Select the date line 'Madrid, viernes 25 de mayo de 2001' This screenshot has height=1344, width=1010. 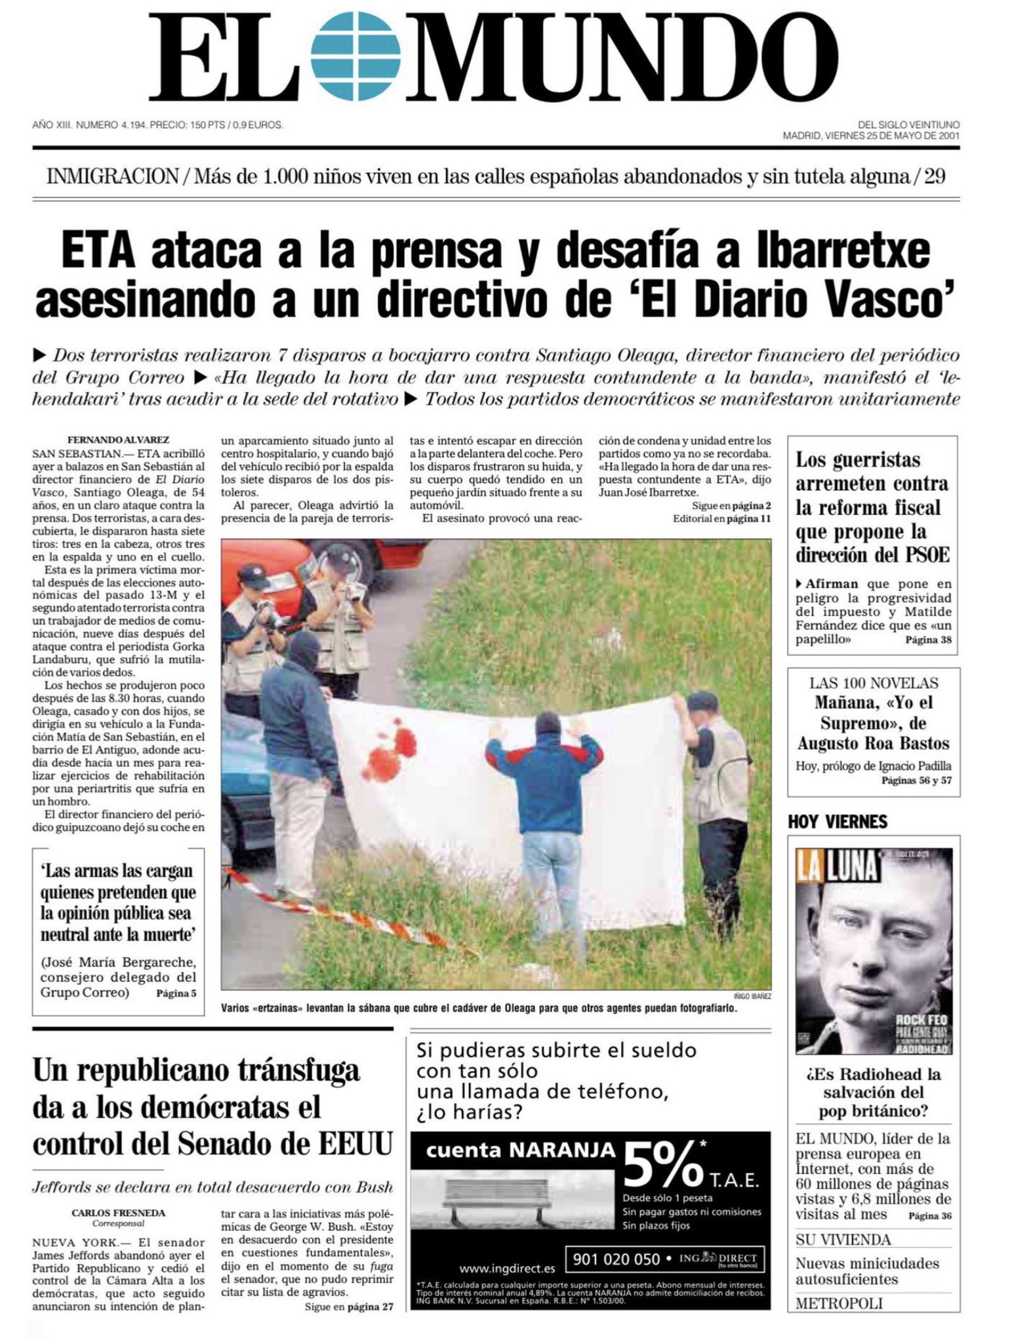click(x=871, y=136)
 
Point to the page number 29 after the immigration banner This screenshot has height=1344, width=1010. click(x=935, y=177)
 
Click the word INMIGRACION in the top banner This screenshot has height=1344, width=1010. click(x=113, y=177)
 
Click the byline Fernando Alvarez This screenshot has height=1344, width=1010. click(x=118, y=440)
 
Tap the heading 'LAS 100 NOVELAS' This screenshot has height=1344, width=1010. click(x=874, y=682)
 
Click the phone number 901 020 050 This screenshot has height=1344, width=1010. click(x=616, y=1259)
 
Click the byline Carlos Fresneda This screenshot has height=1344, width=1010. click(x=118, y=1213)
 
